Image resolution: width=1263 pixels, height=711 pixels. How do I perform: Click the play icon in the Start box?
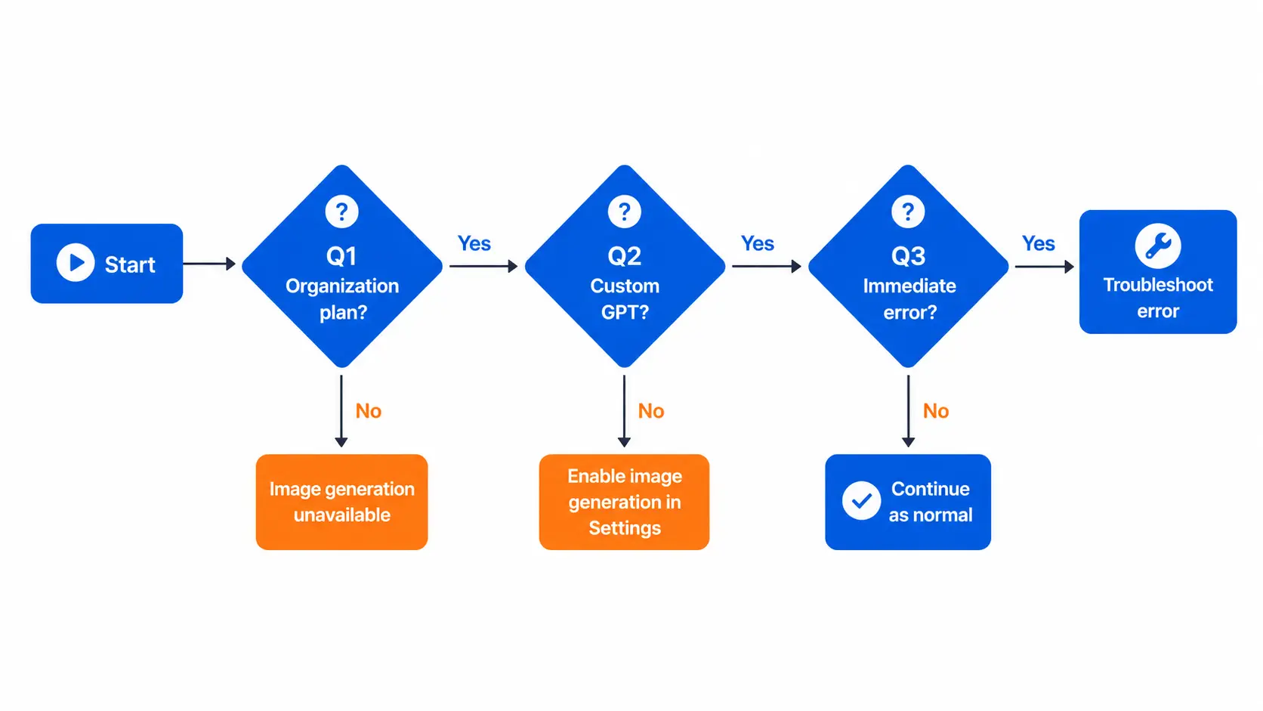coord(75,263)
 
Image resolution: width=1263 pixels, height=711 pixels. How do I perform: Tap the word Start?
coord(130,264)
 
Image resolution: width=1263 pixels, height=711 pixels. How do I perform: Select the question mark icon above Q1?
coord(341,212)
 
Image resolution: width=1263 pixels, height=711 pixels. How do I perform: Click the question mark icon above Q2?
coord(624,212)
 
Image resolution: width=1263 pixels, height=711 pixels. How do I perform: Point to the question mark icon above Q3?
coord(908,212)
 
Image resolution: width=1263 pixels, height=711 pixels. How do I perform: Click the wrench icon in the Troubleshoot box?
coord(1157,246)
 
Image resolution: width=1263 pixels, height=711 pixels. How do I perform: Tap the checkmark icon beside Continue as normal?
coord(861,501)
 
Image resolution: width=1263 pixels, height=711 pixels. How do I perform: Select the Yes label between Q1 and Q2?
coord(474,243)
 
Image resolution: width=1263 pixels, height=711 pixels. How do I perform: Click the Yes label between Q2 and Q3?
coord(757,243)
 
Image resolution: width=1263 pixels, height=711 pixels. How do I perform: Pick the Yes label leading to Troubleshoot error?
coord(1039,243)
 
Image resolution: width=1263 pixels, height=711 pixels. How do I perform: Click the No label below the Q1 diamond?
coord(368,411)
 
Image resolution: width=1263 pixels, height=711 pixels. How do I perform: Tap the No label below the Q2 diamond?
coord(650,411)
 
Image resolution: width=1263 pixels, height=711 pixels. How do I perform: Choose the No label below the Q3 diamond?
coord(935,411)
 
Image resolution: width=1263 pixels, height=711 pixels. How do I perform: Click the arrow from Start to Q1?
coord(209,263)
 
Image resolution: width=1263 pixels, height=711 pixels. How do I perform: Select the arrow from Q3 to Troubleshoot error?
coord(1044,266)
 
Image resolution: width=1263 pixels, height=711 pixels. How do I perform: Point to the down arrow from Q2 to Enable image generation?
coord(624,411)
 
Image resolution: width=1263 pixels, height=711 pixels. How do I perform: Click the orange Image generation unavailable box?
coord(341,502)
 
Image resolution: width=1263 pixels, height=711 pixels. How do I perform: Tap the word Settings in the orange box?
coord(625,528)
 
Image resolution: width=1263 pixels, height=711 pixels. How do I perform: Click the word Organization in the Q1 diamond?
coord(342,286)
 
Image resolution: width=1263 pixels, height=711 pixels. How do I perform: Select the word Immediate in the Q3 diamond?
coord(909,286)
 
